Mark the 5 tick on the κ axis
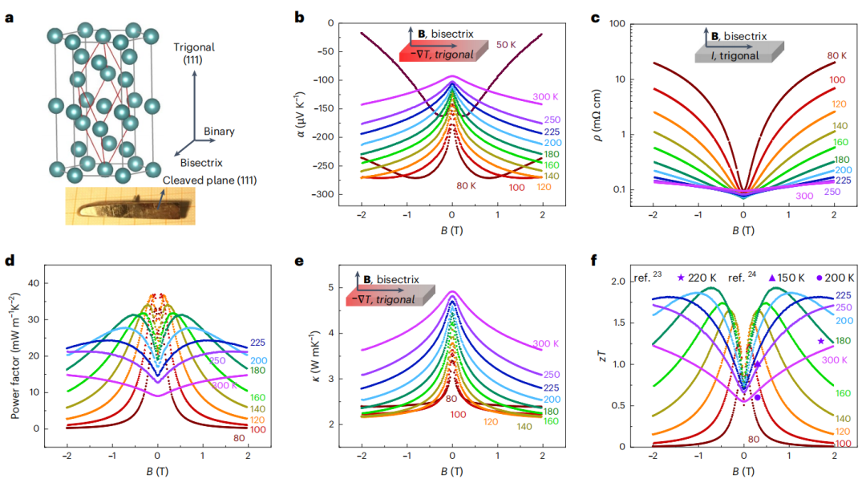coord(340,287)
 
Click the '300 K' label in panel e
coord(547,343)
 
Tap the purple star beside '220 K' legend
coord(681,278)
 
